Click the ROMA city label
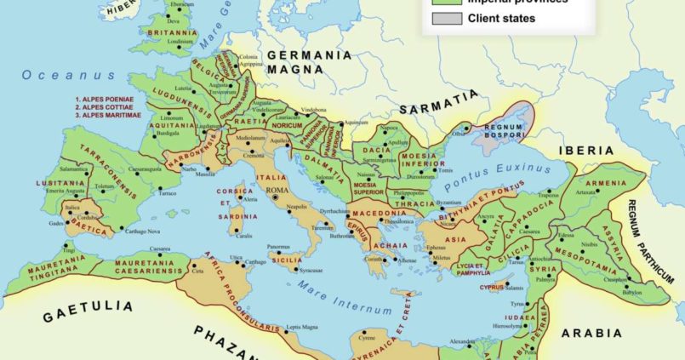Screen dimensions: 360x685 pos(277,190)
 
